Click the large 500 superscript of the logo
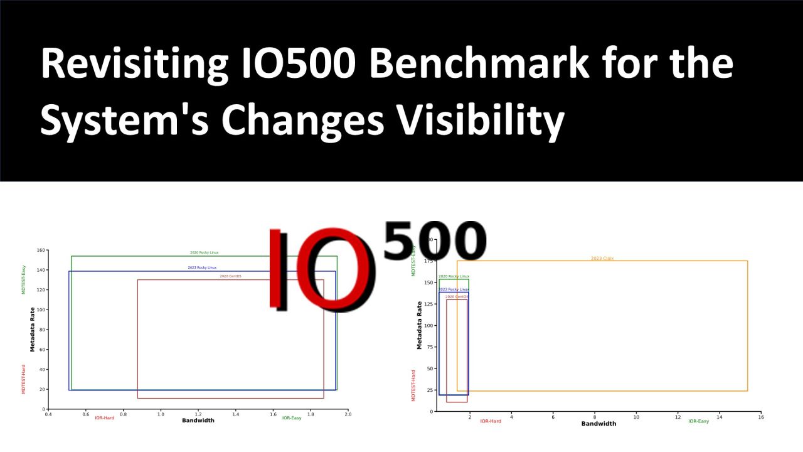[x=434, y=242]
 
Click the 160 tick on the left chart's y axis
[x=41, y=250]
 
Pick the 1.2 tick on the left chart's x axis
[x=198, y=414]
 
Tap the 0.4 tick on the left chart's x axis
[x=48, y=414]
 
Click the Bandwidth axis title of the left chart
[x=198, y=421]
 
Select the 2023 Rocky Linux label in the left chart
[x=202, y=267]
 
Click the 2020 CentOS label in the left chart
[x=230, y=276]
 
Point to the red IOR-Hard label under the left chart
[x=105, y=418]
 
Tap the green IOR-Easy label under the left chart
[x=292, y=418]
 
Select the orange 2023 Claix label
[x=602, y=258]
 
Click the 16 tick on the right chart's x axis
[x=761, y=417]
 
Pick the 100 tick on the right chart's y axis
[x=428, y=326]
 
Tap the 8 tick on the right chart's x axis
[x=595, y=417]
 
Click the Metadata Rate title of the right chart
[x=420, y=325]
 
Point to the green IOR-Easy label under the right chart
[x=698, y=421]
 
